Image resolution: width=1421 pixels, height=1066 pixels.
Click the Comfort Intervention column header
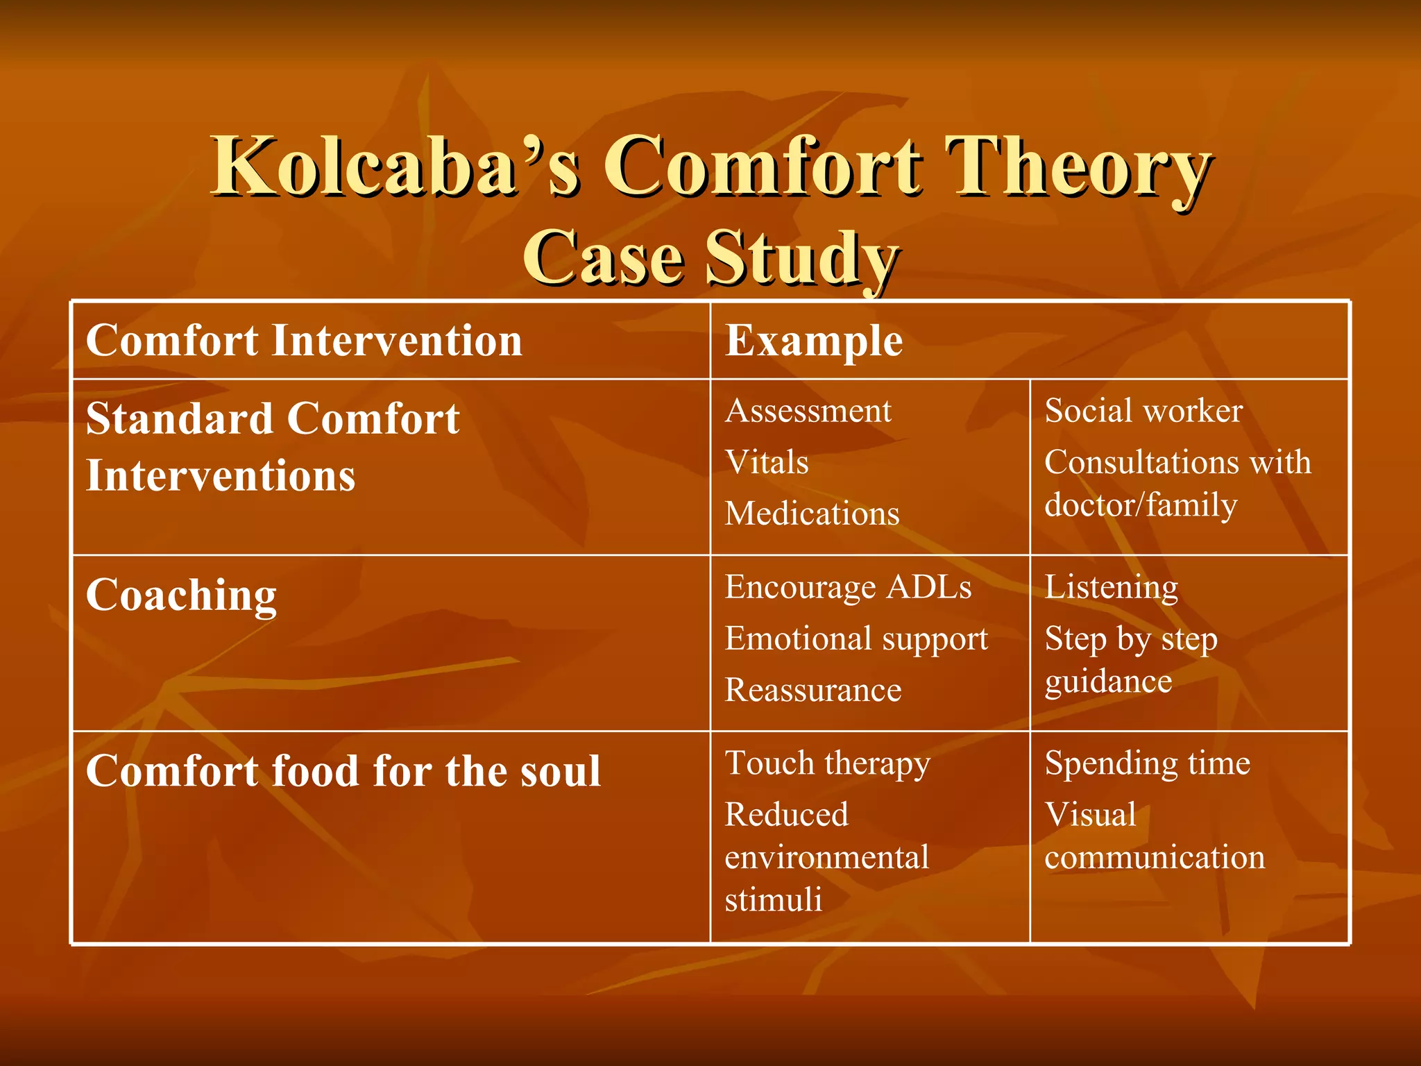point(304,341)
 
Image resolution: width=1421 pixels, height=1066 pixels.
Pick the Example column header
point(814,341)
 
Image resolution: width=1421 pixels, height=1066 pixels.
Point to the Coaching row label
point(181,596)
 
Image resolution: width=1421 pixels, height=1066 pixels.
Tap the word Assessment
point(808,411)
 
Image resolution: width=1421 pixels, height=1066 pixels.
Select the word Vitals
point(767,462)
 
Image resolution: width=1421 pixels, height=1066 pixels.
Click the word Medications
point(812,514)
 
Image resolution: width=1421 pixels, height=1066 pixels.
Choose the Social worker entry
point(1143,411)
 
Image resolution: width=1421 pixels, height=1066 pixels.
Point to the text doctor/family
point(1141,505)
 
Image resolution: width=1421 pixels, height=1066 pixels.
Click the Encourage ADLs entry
point(848,587)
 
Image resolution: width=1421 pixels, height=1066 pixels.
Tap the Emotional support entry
point(856,639)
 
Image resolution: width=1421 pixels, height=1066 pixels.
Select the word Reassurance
point(813,691)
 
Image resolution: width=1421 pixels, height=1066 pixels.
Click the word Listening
point(1112,587)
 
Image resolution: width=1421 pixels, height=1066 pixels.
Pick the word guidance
point(1108,682)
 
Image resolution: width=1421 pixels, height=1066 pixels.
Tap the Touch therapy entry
point(827,763)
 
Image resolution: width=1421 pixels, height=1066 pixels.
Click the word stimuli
point(773,900)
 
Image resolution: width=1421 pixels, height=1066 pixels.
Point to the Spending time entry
point(1148,763)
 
